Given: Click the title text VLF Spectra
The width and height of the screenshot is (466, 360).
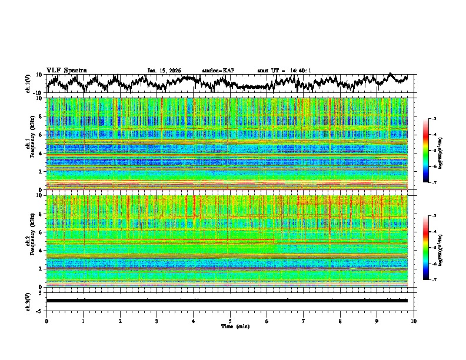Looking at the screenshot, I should [66, 70].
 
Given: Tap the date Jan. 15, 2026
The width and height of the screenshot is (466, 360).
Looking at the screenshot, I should [164, 71].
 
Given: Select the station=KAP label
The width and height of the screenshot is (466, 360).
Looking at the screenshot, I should [218, 71].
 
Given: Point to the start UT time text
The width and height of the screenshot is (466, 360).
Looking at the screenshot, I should [284, 71].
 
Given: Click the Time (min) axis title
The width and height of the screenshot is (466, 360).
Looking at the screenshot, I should [234, 326].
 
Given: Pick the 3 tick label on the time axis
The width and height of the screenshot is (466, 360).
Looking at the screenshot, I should [157, 321].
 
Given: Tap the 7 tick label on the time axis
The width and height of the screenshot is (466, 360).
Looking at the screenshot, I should [304, 321].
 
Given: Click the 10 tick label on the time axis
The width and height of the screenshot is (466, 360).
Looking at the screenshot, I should [414, 321].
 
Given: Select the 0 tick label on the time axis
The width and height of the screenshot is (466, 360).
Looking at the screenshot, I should [46, 321].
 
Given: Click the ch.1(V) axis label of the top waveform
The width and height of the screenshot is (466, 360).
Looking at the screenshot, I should [29, 83].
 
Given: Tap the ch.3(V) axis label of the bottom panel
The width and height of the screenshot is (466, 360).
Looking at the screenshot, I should [29, 301].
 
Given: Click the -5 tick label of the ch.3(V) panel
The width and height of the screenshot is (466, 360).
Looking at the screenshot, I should [39, 310].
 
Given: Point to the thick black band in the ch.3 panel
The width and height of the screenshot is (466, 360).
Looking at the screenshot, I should [227, 301].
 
